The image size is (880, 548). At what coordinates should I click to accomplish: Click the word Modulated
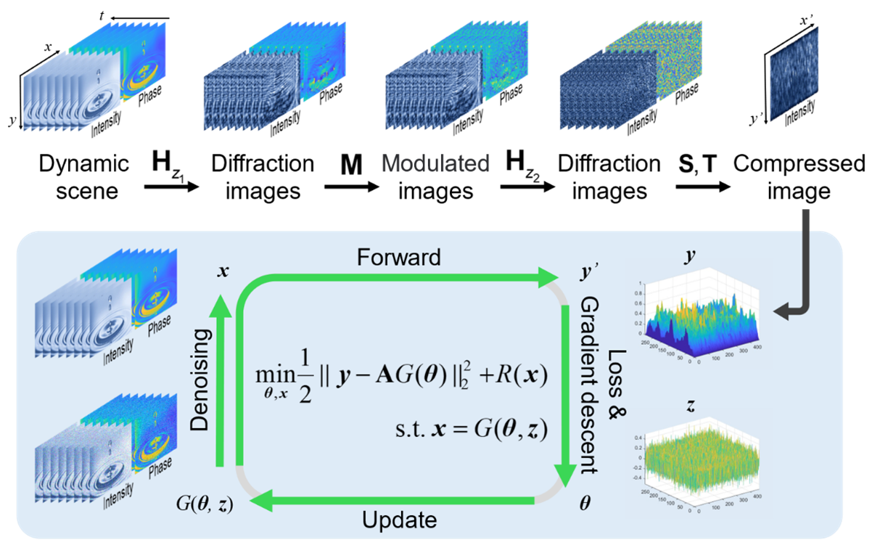coord(435,163)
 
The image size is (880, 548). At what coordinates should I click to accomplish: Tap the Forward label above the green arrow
coord(398,258)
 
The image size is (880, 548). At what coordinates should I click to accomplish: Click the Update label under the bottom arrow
coord(399,520)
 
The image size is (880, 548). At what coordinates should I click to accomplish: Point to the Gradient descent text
coord(589,385)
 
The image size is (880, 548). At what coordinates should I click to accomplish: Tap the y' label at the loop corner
coord(569,272)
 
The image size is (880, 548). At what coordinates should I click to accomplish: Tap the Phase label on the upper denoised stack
coord(160,326)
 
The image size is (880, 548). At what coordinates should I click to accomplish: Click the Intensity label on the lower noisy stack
coord(115,499)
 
